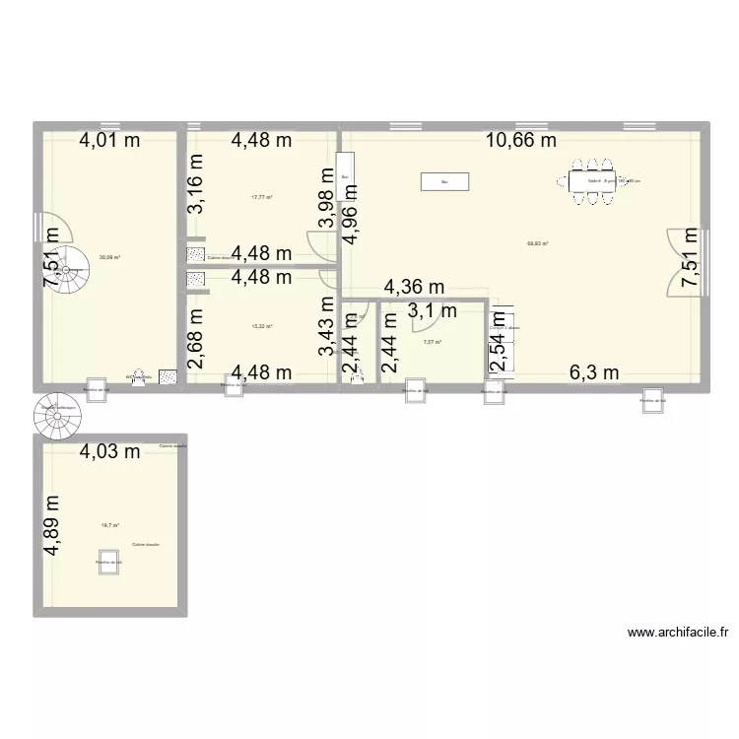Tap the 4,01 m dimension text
109,141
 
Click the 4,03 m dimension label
109,452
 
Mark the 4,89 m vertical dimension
52,525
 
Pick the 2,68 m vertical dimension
197,336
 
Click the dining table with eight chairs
590,181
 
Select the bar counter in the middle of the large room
444,181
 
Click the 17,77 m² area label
262,197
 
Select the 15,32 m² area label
262,326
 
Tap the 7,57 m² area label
432,343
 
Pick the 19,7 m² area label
108,526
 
